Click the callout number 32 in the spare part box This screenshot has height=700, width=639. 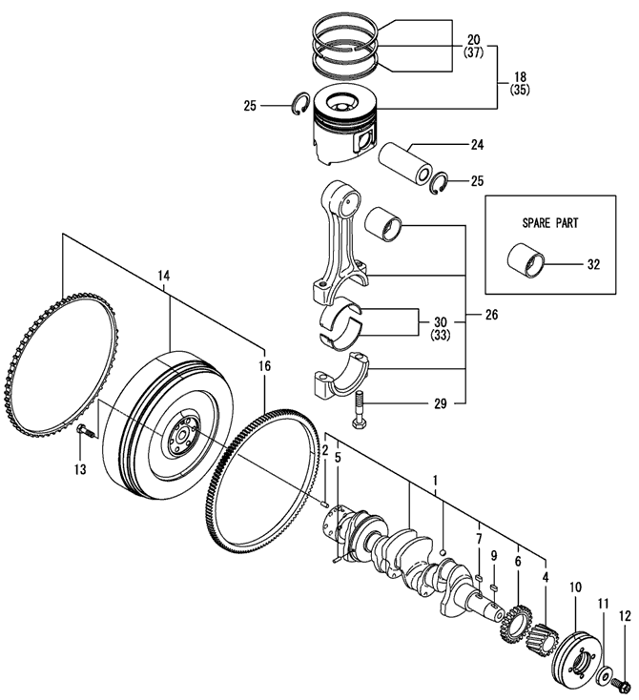(593, 265)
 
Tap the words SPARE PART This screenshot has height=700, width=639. (550, 222)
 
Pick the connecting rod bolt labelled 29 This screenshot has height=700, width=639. (360, 409)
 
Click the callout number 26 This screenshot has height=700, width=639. (491, 315)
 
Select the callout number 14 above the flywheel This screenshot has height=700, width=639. (164, 276)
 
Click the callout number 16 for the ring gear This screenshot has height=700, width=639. (264, 366)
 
